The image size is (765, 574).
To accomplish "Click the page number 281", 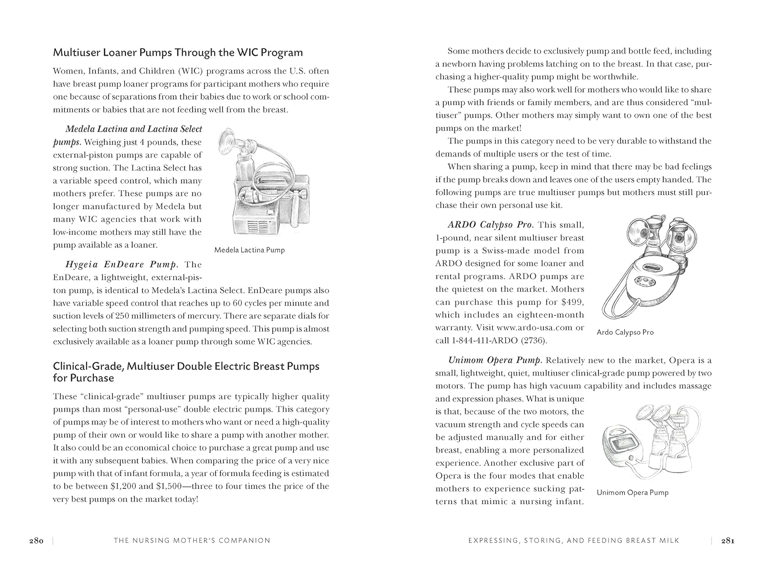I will coord(727,540).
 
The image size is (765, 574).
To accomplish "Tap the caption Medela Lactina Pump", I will coord(249,250).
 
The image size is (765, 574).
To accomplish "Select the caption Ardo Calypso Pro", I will coord(625,332).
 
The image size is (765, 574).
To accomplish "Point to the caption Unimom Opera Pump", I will coord(632,492).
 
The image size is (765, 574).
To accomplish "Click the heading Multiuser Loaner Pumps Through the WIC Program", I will coord(178,53).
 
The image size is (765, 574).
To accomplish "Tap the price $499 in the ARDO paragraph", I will coord(573,302).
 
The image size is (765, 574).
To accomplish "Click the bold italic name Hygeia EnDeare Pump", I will coord(122,264).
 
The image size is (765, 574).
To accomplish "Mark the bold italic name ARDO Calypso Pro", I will coord(490,224).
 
